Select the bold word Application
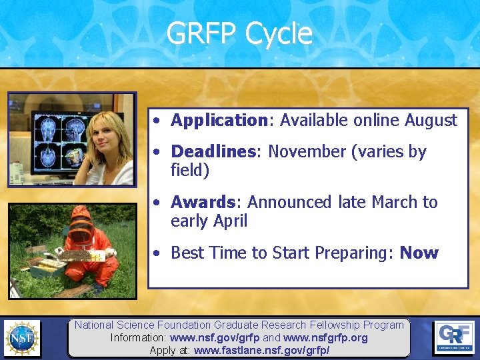coord(219,121)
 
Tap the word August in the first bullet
coord(433,121)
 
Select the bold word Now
coord(419,253)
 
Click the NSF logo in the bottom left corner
coord(21,338)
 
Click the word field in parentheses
coord(190,171)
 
